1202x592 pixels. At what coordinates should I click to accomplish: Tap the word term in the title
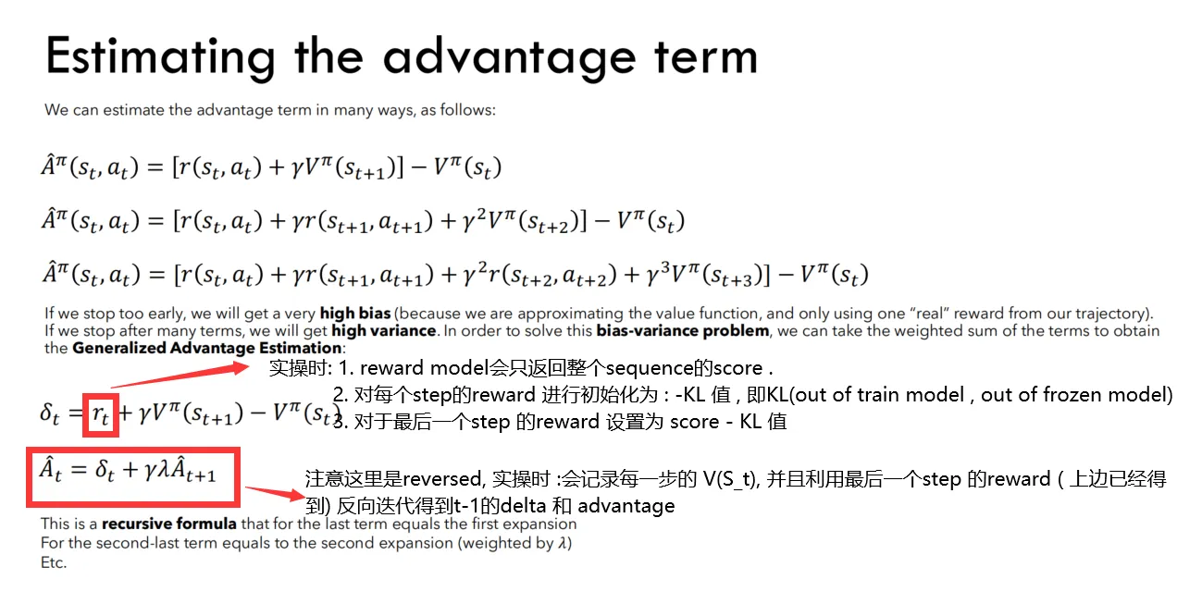click(706, 56)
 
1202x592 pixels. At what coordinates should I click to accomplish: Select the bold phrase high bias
click(355, 314)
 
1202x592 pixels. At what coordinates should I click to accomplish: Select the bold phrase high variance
click(383, 330)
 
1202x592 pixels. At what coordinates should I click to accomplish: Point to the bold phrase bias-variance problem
click(683, 330)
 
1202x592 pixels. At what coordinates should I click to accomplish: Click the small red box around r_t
click(101, 415)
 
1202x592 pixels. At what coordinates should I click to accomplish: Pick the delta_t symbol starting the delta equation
click(49, 414)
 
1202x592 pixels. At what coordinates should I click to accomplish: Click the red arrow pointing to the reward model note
click(180, 376)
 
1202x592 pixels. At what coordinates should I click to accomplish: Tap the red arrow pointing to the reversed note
click(275, 493)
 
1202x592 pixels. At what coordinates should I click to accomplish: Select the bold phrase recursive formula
click(169, 524)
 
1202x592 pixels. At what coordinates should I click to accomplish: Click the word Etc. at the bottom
click(54, 563)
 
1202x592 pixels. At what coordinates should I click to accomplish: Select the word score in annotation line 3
click(695, 422)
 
